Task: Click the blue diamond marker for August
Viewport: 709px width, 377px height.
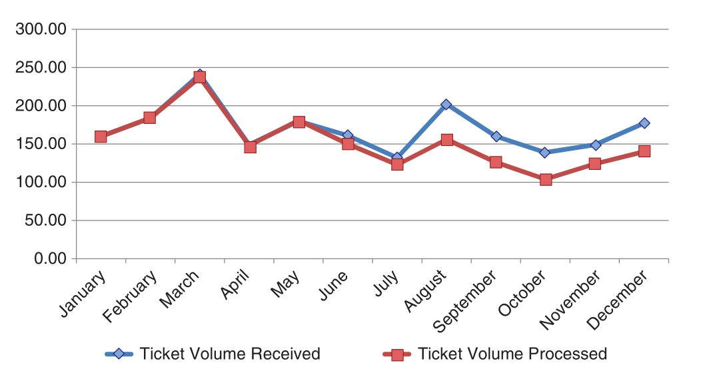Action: point(446,105)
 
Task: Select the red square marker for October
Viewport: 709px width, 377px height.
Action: point(546,179)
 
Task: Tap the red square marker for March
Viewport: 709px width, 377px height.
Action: point(199,77)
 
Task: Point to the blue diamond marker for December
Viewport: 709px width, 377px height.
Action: point(644,123)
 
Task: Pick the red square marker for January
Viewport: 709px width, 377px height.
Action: point(101,137)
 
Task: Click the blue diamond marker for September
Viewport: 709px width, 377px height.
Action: point(496,136)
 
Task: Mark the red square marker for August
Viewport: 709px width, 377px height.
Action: point(446,140)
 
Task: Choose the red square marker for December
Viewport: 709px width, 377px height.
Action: point(644,151)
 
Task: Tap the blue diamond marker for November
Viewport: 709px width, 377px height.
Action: point(595,145)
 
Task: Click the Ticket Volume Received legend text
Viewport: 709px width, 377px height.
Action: point(230,354)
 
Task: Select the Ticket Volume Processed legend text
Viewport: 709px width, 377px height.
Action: point(512,354)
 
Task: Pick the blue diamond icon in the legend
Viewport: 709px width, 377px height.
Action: point(119,354)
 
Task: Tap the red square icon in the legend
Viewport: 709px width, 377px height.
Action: point(398,354)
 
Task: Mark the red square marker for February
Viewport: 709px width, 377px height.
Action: point(150,118)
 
